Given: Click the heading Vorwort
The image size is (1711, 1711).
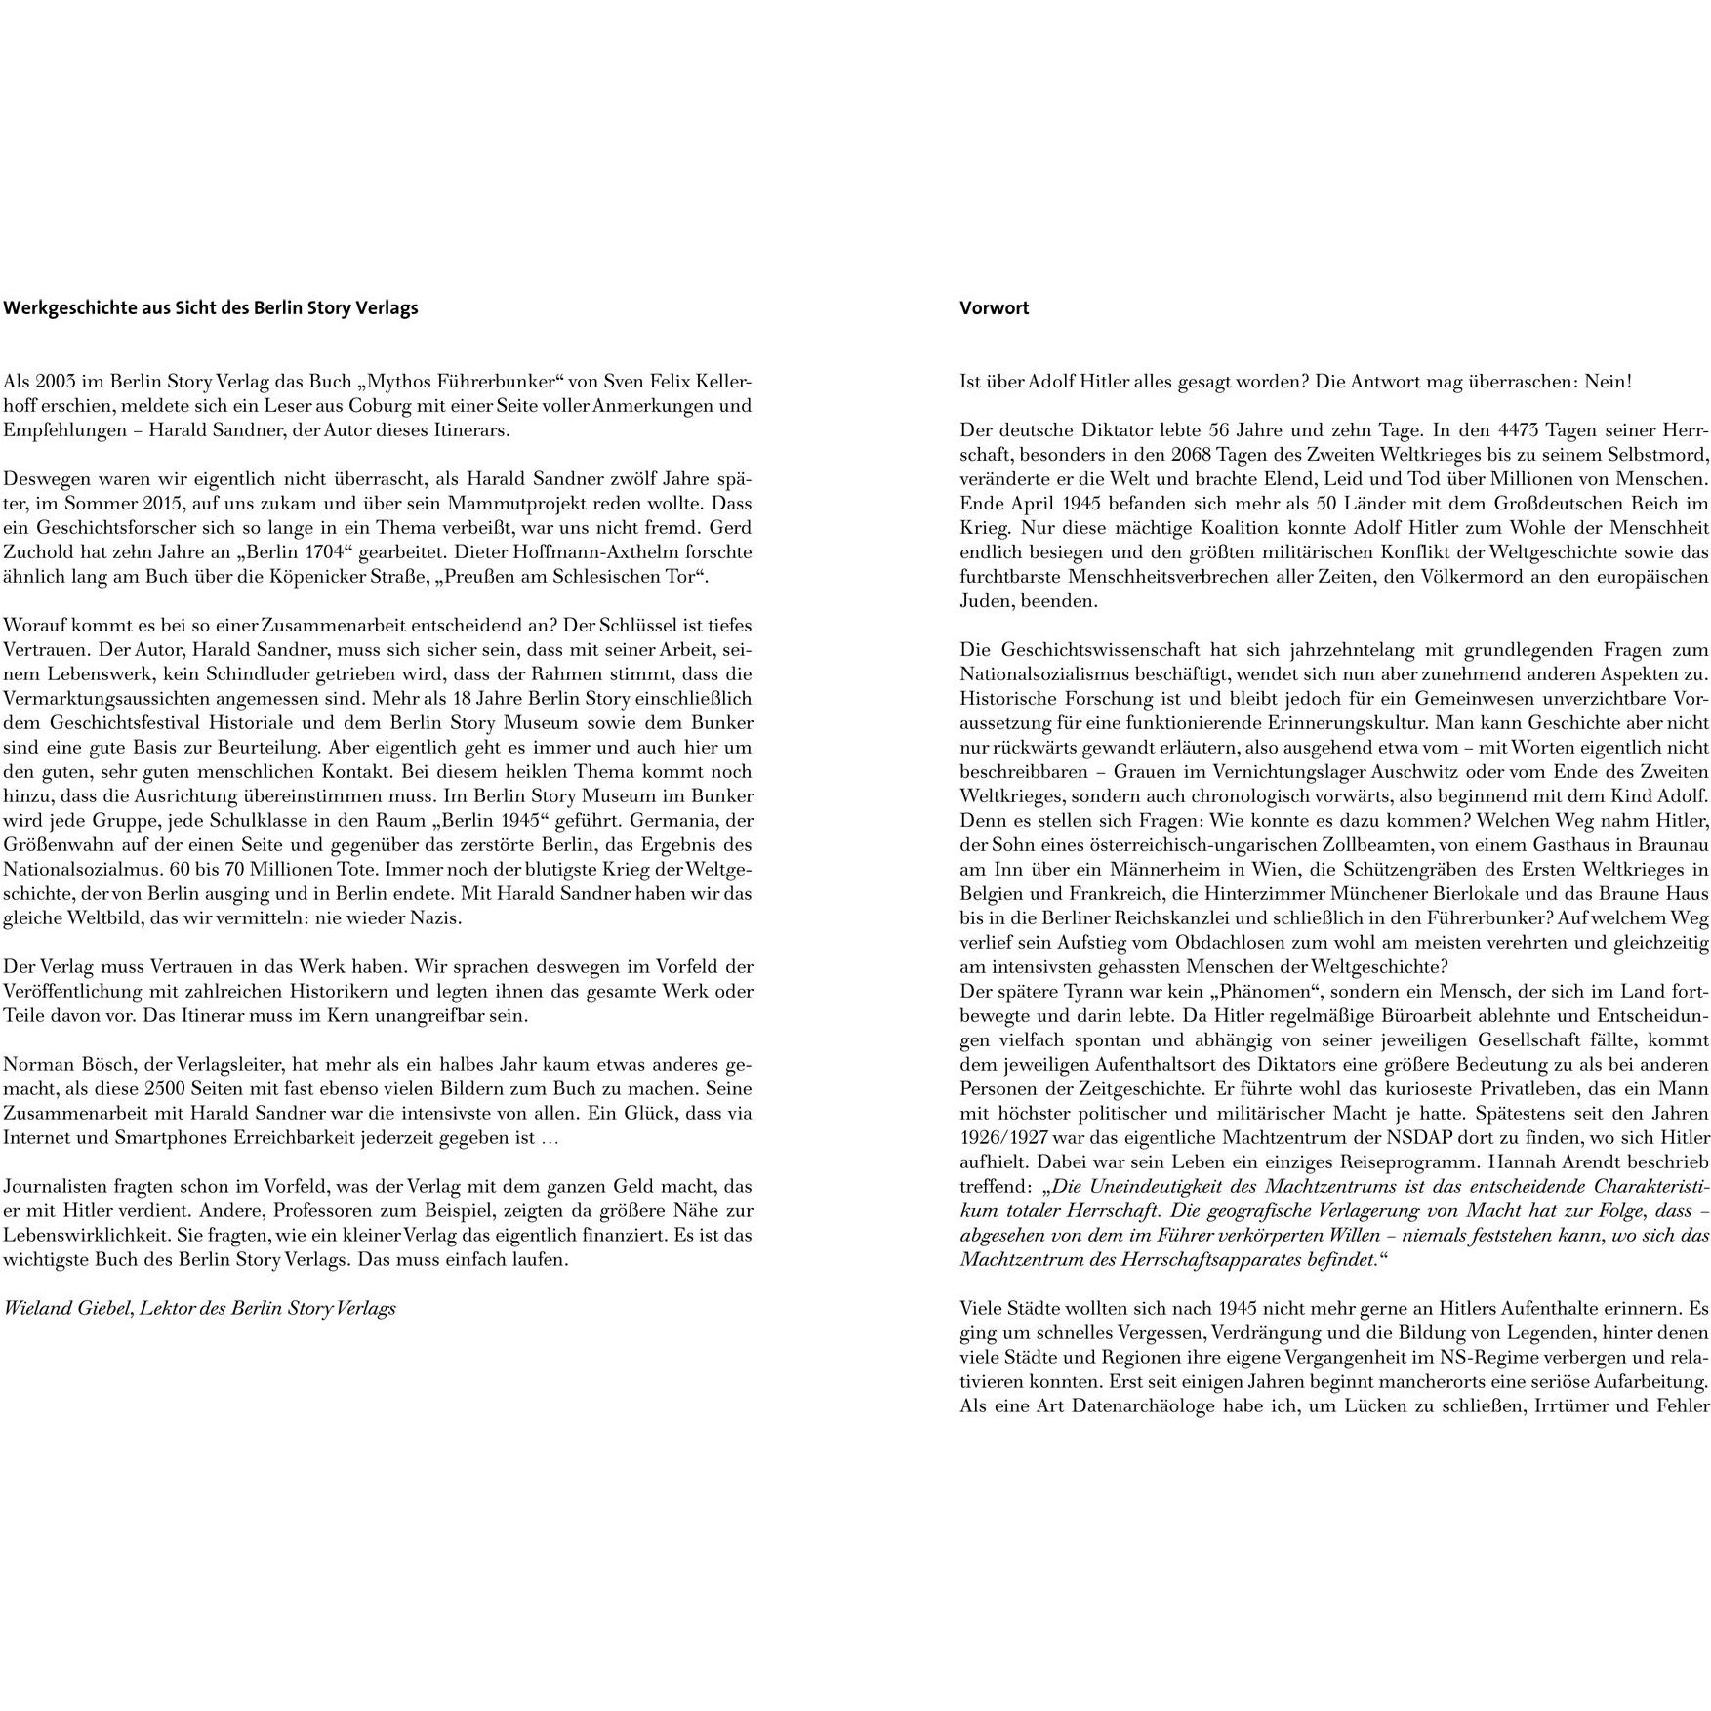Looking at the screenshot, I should tap(994, 308).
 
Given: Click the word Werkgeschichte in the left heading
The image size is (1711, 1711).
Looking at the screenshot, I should tap(64, 308).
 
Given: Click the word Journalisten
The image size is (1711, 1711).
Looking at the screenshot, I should tap(54, 1186).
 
